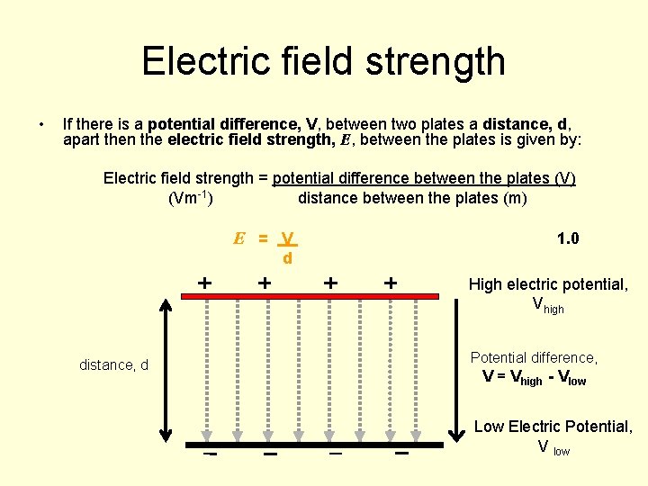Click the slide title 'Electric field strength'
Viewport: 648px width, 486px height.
(323, 61)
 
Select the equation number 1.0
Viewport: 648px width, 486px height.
(568, 238)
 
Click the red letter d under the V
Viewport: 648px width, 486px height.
(287, 259)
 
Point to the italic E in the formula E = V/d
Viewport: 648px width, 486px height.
(239, 239)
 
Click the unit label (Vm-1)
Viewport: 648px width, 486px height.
(191, 198)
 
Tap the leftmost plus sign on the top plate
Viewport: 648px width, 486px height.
(205, 283)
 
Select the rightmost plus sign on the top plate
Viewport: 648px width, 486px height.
(391, 283)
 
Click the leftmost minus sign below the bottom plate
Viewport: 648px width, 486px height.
(210, 454)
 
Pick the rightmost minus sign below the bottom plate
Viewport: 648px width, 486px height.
(401, 454)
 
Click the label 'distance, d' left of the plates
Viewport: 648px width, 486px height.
(114, 365)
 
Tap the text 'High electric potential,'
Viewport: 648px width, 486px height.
(548, 284)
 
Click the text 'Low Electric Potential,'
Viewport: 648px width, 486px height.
(553, 427)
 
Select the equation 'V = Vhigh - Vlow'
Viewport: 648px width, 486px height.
(534, 379)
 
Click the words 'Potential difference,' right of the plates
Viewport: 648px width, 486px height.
(535, 358)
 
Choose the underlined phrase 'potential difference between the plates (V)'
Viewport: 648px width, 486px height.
(424, 178)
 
